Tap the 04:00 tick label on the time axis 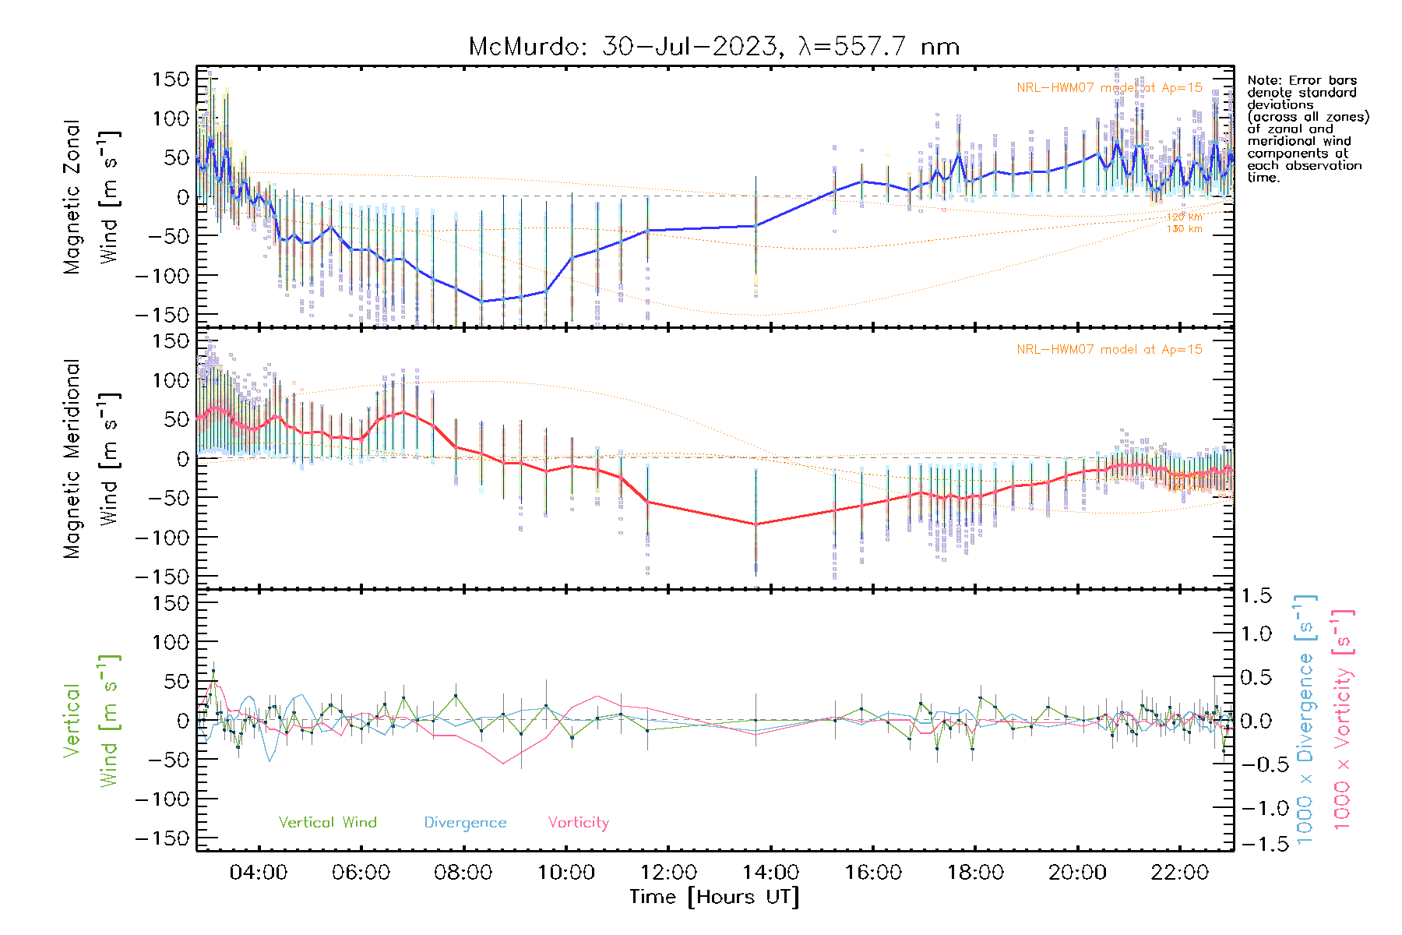[259, 873]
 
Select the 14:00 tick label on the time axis [770, 873]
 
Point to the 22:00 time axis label [1179, 873]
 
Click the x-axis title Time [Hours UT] [714, 897]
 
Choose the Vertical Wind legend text [327, 823]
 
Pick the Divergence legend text [465, 823]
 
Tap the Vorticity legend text [578, 823]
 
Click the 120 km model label [1184, 217]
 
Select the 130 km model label [1184, 229]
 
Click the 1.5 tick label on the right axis [1256, 596]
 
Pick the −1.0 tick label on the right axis [1256, 808]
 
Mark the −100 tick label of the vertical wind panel [162, 799]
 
